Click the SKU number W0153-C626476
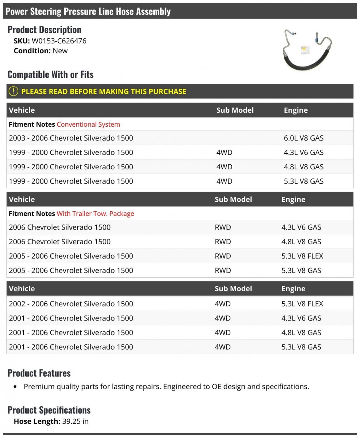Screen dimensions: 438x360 coord(59,41)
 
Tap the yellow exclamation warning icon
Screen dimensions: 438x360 coord(13,91)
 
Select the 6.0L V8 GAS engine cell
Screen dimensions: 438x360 coord(303,138)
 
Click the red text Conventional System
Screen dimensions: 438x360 coord(88,124)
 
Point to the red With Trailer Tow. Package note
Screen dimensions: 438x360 coord(95,214)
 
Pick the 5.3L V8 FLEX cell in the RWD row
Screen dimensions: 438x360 coord(302,256)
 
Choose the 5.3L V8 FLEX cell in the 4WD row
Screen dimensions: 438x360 coord(302,304)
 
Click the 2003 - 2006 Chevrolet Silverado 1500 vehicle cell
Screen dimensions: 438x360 coord(71,138)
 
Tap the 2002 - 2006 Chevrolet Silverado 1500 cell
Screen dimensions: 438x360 coord(71,304)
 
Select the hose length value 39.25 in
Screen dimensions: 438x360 coord(76,421)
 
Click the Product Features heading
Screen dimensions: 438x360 coord(39,373)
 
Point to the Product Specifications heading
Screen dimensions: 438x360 coord(49,410)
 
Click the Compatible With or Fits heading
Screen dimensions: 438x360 coord(50,74)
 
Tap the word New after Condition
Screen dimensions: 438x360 coord(60,51)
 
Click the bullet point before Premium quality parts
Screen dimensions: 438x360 coord(15,387)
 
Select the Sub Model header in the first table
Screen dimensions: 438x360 coord(235,110)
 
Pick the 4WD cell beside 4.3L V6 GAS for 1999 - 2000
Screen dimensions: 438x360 coord(224,152)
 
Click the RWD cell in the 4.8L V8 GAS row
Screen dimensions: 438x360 coord(223,242)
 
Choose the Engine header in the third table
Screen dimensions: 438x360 coord(293,289)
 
